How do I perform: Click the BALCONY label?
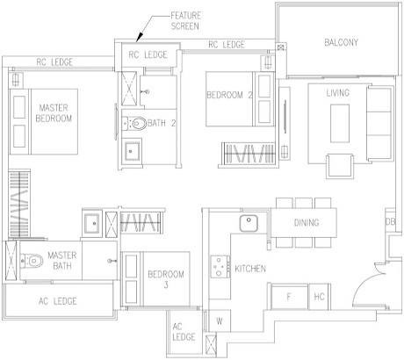click(x=341, y=42)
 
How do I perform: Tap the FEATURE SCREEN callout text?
click(x=185, y=20)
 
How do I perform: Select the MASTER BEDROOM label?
click(x=54, y=113)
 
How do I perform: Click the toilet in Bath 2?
click(x=137, y=123)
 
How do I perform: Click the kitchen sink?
click(x=249, y=223)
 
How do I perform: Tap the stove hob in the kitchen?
click(x=220, y=266)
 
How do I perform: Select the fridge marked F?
click(x=289, y=297)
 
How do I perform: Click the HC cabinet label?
click(x=319, y=297)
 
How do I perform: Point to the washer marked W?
click(x=220, y=320)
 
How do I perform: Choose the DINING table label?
click(x=307, y=223)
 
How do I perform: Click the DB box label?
click(x=390, y=222)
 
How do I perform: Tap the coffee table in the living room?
click(x=340, y=123)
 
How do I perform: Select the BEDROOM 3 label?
click(x=166, y=279)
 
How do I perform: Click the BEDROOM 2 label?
click(x=229, y=95)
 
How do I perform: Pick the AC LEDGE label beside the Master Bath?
click(x=58, y=301)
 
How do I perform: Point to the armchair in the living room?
click(x=339, y=166)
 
